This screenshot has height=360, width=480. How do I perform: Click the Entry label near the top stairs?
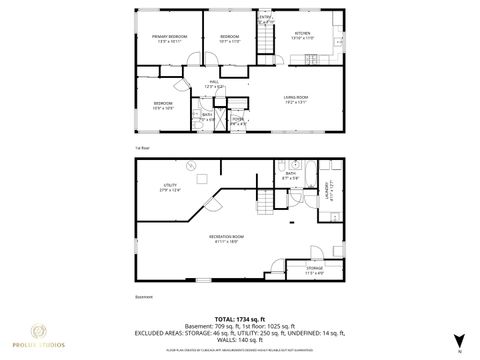pyautogui.click(x=265, y=17)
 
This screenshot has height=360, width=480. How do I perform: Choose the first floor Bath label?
pyautogui.click(x=207, y=115)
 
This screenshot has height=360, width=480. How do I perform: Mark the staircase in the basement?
pyautogui.click(x=265, y=203)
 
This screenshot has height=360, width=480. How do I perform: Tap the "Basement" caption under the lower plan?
pyautogui.click(x=143, y=295)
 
